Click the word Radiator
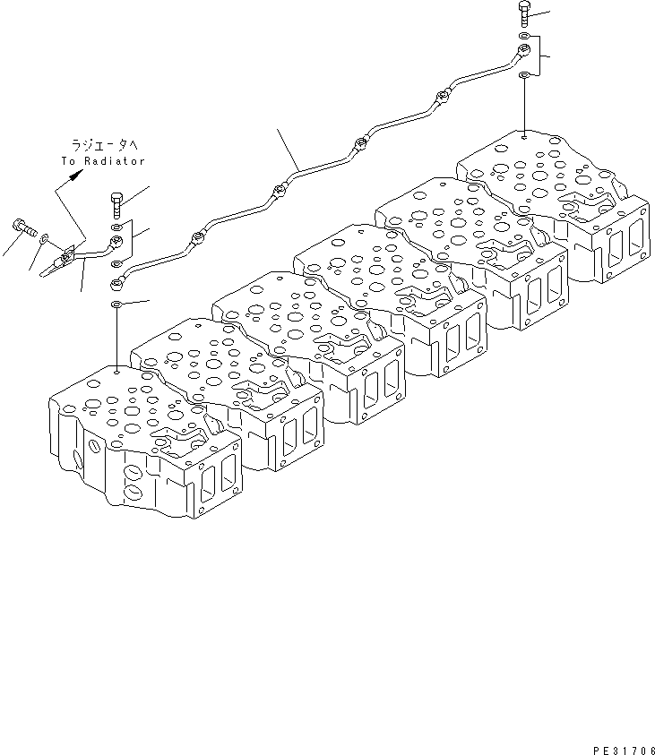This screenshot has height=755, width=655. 116,160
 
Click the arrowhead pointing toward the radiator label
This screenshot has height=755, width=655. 74,174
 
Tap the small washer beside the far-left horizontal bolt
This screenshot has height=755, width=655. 42,236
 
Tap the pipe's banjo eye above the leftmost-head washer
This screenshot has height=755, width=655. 116,285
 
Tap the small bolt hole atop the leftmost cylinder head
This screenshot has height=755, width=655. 118,368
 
